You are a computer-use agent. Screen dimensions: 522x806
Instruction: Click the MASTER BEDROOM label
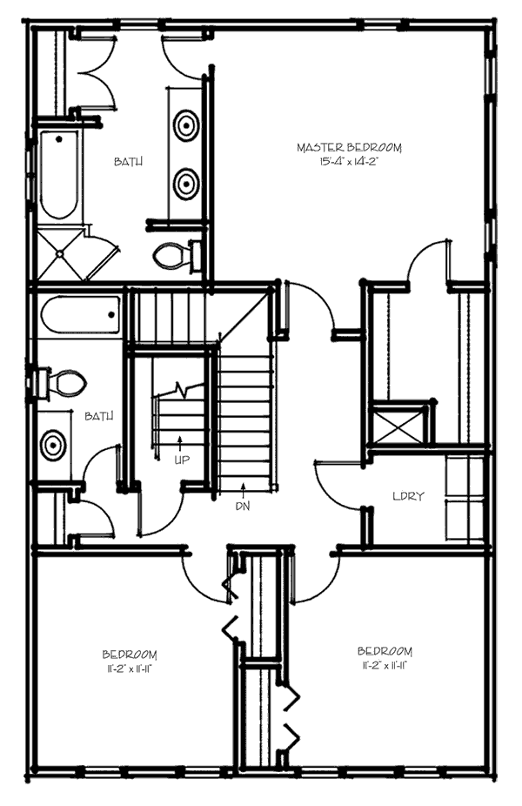pos(349,148)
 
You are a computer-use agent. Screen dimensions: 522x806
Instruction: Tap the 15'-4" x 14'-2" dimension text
pos(349,161)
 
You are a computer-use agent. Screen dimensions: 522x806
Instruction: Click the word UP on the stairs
pos(181,459)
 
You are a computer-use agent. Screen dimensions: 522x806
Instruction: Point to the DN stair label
pos(243,504)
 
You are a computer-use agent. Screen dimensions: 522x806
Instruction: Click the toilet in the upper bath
pos(173,255)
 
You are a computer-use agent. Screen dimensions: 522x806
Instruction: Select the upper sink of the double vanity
pos(186,125)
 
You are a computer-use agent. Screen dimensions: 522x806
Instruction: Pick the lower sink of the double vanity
pos(186,184)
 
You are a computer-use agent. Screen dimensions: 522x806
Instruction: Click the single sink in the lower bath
pos(54,444)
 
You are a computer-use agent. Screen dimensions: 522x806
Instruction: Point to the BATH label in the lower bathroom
pos(98,417)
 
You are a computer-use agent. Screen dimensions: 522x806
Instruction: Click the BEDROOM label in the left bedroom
pos(129,655)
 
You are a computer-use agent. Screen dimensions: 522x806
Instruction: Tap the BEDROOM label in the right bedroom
pos(385,651)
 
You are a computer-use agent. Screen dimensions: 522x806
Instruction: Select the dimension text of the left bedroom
pos(129,668)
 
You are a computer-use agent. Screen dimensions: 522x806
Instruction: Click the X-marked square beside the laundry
pos(401,426)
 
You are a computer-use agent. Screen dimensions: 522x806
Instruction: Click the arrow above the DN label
pos(243,488)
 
